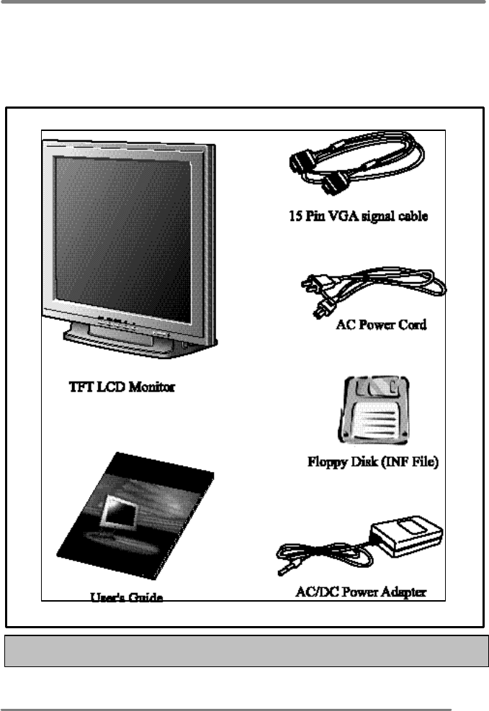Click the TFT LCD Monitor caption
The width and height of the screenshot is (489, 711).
[x=117, y=386]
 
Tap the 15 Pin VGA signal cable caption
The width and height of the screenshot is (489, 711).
[x=355, y=215]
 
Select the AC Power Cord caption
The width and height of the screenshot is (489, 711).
[x=381, y=325]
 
